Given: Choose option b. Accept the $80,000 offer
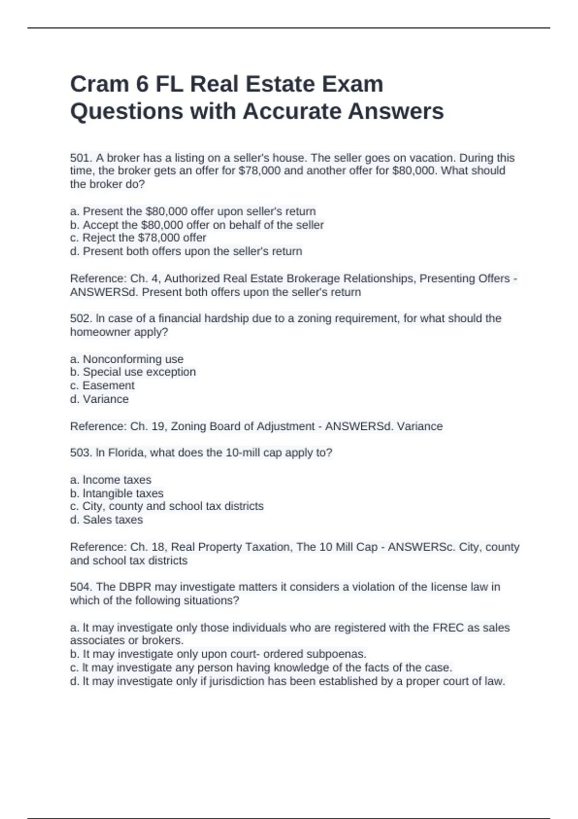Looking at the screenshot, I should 197,225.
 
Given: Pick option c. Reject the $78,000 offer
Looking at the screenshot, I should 138,238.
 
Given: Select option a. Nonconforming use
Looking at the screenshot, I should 127,359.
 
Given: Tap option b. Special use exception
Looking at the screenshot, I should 133,372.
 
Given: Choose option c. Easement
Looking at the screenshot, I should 102,385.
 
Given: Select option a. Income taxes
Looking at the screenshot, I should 111,480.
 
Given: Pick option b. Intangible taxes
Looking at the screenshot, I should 117,493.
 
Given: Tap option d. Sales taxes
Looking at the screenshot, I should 106,520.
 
